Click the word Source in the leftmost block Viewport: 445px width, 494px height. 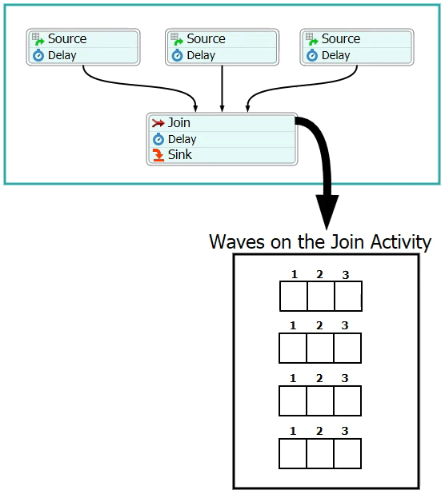(67, 38)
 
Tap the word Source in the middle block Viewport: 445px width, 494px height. (206, 38)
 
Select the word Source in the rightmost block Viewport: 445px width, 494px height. (341, 38)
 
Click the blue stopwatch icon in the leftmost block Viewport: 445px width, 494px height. (38, 55)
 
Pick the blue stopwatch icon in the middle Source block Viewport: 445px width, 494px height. (177, 55)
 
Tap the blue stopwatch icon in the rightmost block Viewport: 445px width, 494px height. (312, 55)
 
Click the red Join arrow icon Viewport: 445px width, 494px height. (158, 123)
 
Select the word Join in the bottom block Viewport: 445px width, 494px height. (178, 122)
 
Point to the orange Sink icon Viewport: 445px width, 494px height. (158, 155)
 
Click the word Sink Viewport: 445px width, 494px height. (180, 154)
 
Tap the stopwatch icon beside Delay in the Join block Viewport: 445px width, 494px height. (158, 139)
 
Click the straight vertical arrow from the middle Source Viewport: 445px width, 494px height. (222, 89)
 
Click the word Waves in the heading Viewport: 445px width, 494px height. (237, 242)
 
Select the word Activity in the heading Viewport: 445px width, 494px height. (400, 242)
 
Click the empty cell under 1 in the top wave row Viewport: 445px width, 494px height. (294, 296)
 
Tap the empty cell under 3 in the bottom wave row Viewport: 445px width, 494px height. (347, 453)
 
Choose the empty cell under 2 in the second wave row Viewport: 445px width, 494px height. (320, 349)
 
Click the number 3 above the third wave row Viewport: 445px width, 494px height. (345, 378)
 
